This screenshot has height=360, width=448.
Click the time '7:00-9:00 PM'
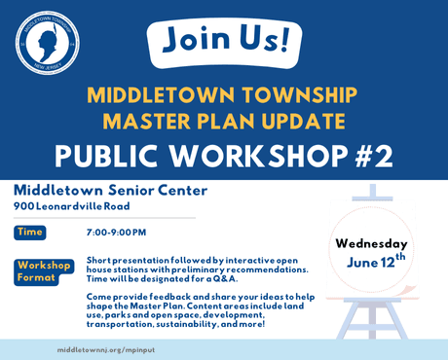(x=117, y=233)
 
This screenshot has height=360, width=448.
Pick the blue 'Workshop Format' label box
(x=41, y=271)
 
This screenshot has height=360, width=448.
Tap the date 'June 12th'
(x=375, y=264)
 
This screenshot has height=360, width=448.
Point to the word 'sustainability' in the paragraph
(x=205, y=324)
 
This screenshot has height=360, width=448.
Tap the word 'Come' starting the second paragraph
(x=98, y=295)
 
